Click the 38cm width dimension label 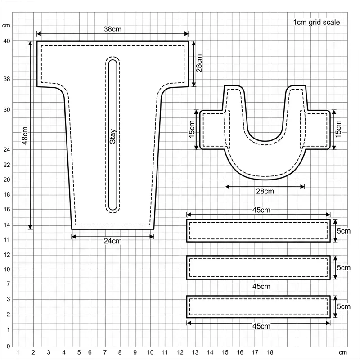tap(112, 29)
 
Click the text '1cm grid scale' tap(316, 22)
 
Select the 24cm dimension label tap(112, 241)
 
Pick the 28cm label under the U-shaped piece tap(265, 191)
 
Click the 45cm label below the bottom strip tap(261, 325)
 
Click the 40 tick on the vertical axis tap(7, 41)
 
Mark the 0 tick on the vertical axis tap(7, 346)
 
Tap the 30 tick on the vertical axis tap(7, 110)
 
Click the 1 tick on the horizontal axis tap(18, 352)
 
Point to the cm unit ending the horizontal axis tap(343, 352)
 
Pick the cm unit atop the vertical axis tap(6, 25)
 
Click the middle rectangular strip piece tap(258, 267)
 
